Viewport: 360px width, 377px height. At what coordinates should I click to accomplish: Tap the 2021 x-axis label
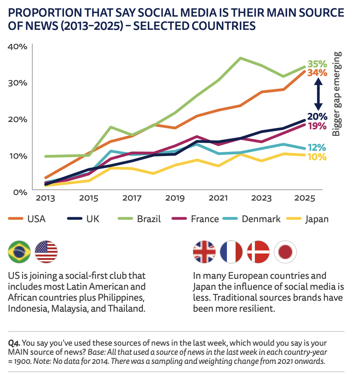click(218, 198)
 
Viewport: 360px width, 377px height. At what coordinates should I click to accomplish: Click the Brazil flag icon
click(19, 252)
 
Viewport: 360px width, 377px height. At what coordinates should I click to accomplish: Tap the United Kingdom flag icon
click(205, 252)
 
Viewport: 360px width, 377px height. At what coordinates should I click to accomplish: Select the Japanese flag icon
click(286, 252)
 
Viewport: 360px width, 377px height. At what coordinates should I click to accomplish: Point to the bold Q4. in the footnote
click(14, 343)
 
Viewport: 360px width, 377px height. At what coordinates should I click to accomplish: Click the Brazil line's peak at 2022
click(240, 58)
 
